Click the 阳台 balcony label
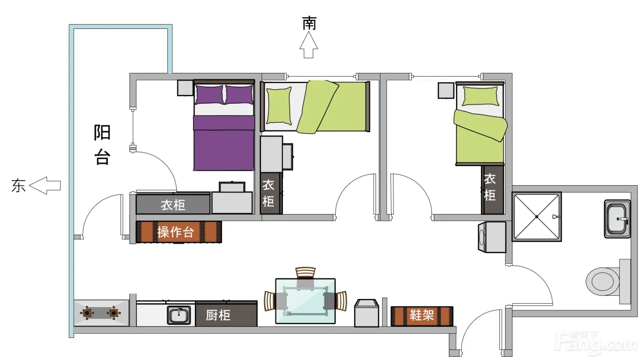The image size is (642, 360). tap(102, 144)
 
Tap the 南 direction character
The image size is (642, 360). tap(309, 23)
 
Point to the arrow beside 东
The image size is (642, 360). tap(45, 185)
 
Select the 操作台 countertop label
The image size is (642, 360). tap(176, 232)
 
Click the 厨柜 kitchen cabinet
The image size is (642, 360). tap(226, 314)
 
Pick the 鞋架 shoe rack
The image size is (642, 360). tap(422, 316)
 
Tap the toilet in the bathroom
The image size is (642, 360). tap(608, 281)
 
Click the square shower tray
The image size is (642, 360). tap(537, 216)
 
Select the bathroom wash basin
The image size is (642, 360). tap(617, 219)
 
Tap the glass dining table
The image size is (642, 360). tap(305, 301)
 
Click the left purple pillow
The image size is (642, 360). tap(209, 94)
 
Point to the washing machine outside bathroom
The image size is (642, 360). tap(492, 238)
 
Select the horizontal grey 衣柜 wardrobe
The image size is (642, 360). tap(173, 204)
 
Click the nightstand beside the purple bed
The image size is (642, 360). tap(185, 88)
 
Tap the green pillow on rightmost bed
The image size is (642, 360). tap(480, 96)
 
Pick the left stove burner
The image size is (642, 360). tap(87, 313)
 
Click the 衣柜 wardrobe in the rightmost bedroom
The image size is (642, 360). tap(492, 189)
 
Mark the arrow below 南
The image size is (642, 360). tap(309, 45)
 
